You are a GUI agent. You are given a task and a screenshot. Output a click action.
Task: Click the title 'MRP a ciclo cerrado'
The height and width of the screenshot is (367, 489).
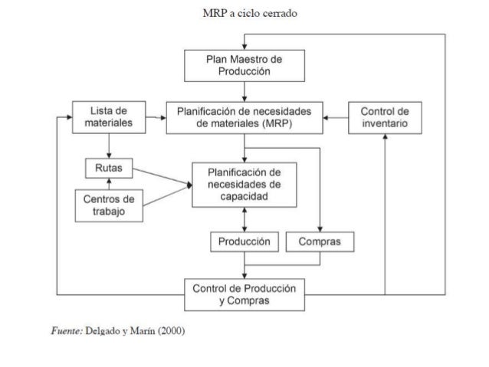coord(244,15)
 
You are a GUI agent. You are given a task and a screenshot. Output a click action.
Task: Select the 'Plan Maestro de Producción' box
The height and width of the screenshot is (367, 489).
coord(244,66)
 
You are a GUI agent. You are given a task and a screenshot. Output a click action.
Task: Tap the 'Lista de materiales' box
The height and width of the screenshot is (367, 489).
coord(108,117)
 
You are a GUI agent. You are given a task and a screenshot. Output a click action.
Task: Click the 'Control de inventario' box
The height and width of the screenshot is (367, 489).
coord(384,117)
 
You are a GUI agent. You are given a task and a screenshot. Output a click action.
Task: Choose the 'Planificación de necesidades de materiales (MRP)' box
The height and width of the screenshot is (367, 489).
coord(244,117)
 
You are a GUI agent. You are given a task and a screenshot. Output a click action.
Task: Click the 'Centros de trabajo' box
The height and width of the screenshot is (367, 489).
coord(108,204)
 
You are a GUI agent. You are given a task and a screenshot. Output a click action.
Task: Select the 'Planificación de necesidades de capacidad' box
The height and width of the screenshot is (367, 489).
coord(244,185)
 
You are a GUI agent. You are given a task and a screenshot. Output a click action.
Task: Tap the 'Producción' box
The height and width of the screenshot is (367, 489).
coord(244,242)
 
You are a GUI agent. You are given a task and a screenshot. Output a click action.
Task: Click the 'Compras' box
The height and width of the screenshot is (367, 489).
coord(320,242)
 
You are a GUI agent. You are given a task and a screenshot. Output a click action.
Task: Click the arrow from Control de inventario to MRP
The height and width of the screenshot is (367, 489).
coord(335,118)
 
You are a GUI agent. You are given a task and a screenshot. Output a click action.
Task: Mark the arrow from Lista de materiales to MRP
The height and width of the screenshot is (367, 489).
coord(155,118)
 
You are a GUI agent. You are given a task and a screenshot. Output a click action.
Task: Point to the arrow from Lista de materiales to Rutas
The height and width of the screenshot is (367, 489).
coord(108,146)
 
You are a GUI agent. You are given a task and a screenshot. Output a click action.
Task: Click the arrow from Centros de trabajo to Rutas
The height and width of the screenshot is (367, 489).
coord(108,182)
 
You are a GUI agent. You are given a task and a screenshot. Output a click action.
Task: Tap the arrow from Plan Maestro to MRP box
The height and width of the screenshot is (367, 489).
coord(244,90)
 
